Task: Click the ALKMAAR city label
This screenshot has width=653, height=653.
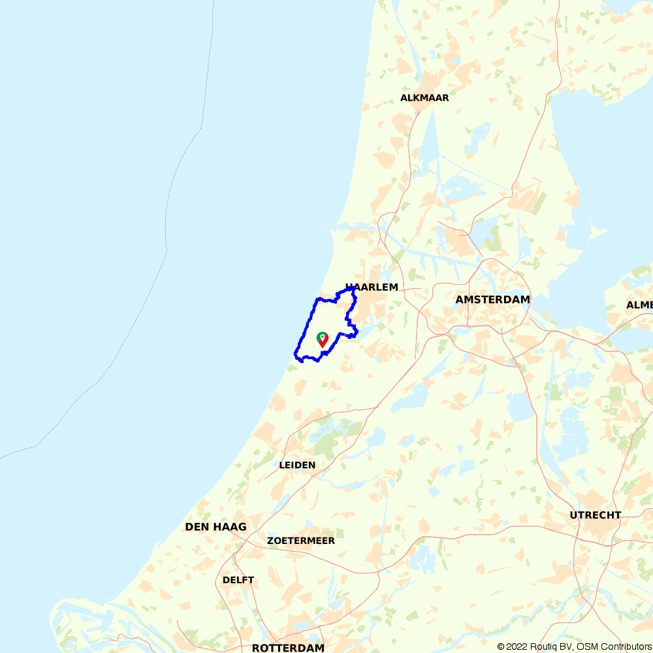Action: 424,98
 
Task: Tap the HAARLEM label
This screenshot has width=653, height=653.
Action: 372,287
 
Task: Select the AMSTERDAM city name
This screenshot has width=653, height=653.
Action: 493,299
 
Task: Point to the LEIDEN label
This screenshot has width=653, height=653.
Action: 297,465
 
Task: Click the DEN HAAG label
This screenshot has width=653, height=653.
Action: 215,526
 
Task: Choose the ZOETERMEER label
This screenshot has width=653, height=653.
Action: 301,541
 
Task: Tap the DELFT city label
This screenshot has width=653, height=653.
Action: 238,580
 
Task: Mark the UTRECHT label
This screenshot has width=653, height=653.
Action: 596,515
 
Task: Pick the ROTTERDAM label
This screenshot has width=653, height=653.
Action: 288,648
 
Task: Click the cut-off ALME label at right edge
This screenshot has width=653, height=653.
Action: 639,305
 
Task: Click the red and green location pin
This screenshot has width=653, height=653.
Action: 322,339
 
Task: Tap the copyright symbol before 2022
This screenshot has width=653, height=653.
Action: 502,646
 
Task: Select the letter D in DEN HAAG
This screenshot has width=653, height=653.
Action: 189,526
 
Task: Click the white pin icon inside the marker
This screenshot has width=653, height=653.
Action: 322,336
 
